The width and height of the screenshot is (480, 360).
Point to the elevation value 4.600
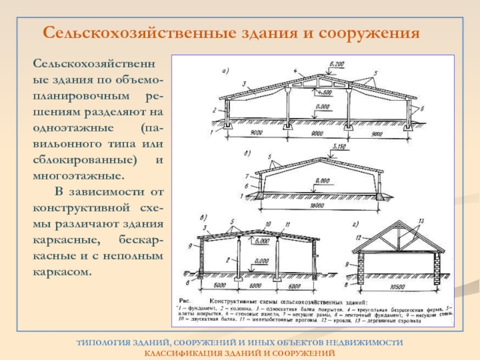(x=324, y=93)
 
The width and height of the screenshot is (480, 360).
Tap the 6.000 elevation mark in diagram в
(x=262, y=242)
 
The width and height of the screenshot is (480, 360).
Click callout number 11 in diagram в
(x=287, y=224)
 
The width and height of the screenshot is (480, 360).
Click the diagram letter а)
(x=226, y=71)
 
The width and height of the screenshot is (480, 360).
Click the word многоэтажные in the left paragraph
(x=79, y=177)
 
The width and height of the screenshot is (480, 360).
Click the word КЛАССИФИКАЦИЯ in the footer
(x=182, y=352)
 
